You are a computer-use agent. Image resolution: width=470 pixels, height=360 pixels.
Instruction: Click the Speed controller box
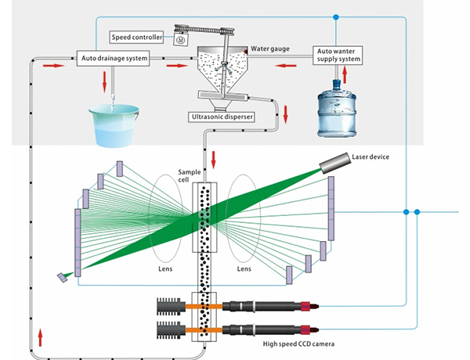pyautogui.click(x=136, y=36)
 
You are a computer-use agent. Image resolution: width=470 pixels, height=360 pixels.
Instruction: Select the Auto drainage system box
pyautogui.click(x=113, y=58)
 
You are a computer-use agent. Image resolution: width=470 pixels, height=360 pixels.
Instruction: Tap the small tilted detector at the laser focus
pyautogui.click(x=62, y=278)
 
